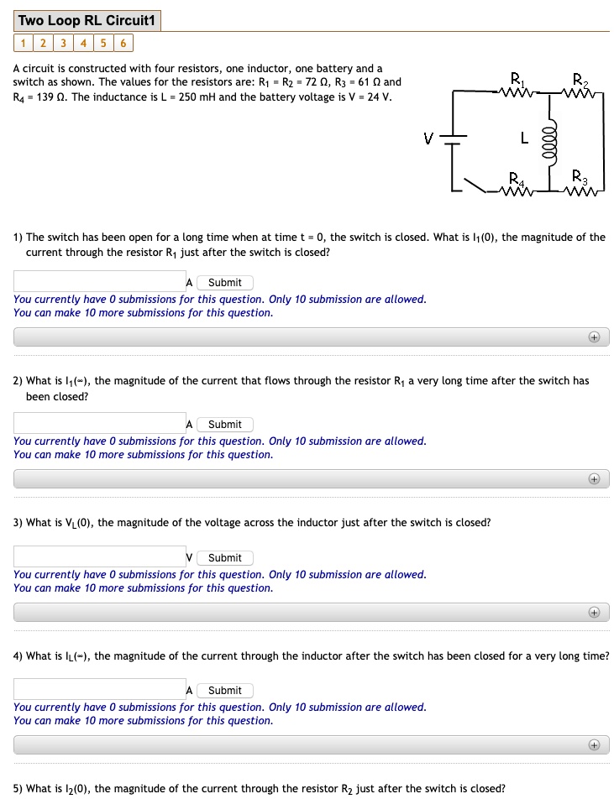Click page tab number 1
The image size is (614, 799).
click(23, 44)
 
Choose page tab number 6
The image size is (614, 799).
click(123, 44)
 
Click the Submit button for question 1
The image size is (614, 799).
click(224, 283)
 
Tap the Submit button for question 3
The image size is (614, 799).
click(224, 558)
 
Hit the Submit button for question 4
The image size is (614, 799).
click(224, 691)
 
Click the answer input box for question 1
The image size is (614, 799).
click(99, 282)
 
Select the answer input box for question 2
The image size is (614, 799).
click(99, 424)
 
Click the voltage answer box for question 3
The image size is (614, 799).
click(99, 557)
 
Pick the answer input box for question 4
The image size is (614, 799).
click(99, 690)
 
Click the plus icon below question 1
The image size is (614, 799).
click(594, 337)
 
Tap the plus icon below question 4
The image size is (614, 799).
click(594, 745)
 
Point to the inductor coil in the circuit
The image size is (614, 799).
click(550, 138)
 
